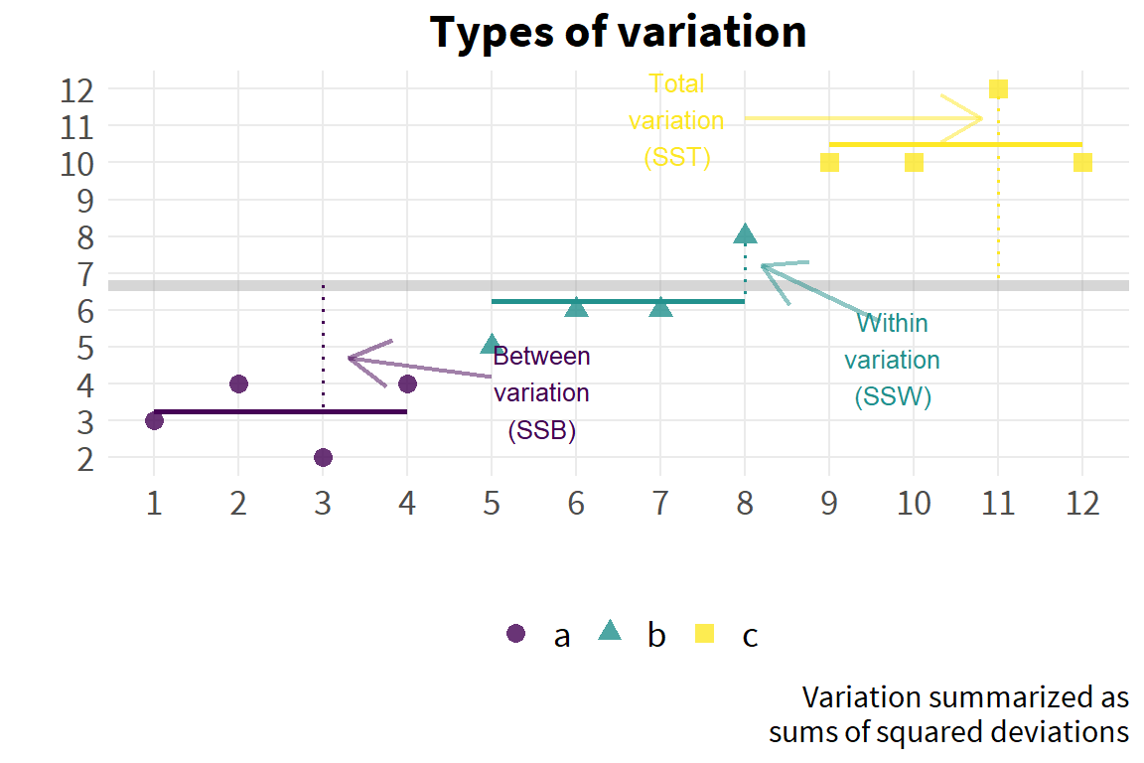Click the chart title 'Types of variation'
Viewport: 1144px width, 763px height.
pyautogui.click(x=618, y=33)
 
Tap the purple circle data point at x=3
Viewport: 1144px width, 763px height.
pyautogui.click(x=323, y=458)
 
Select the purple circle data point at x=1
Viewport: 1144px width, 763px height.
pyautogui.click(x=154, y=420)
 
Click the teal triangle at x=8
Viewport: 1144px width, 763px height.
pyautogui.click(x=745, y=234)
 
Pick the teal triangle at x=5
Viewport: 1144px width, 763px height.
pyautogui.click(x=492, y=345)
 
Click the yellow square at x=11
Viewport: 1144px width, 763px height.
pyautogui.click(x=998, y=89)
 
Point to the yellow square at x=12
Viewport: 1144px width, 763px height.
pyautogui.click(x=1082, y=163)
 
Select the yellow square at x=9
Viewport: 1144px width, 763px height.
pyautogui.click(x=829, y=163)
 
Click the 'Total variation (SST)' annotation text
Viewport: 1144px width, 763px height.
pyautogui.click(x=677, y=120)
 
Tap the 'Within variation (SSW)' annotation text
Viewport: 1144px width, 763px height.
pyautogui.click(x=893, y=360)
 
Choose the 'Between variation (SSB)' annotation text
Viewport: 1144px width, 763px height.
pyautogui.click(x=541, y=392)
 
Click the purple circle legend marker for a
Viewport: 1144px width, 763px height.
pyautogui.click(x=515, y=633)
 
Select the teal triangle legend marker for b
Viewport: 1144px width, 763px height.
pyautogui.click(x=609, y=631)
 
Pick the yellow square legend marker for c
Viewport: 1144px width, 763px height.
pyautogui.click(x=704, y=633)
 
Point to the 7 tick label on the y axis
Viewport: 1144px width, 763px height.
pyautogui.click(x=86, y=275)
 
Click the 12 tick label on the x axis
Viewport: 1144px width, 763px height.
pyautogui.click(x=1082, y=503)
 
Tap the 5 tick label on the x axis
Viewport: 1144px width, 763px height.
pyautogui.click(x=492, y=503)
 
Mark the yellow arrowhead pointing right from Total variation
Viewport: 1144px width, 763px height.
pyautogui.click(x=964, y=117)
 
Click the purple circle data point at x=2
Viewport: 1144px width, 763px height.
pyautogui.click(x=238, y=384)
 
